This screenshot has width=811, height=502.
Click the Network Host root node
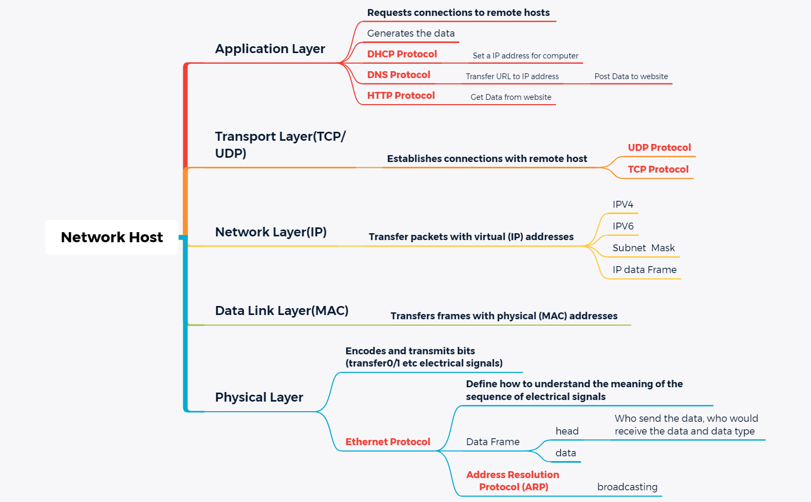point(112,237)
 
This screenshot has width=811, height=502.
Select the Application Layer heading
point(270,49)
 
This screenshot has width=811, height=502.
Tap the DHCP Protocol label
point(402,54)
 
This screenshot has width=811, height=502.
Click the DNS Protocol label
point(398,75)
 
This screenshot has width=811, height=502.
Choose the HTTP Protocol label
point(400,96)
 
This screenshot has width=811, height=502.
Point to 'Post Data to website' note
point(631,76)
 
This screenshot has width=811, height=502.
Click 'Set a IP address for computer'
point(525,56)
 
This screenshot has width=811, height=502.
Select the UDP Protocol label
point(659,148)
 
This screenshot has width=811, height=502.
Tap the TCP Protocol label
point(658,169)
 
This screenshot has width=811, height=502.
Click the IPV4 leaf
point(622,205)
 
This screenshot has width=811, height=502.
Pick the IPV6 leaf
point(622,226)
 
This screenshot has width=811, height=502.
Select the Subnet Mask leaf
point(643,248)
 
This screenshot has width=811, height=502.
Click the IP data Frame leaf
point(644,270)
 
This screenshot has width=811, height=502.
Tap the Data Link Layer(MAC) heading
point(281,311)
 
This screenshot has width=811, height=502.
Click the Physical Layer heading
point(259,397)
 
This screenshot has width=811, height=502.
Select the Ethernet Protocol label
point(388,442)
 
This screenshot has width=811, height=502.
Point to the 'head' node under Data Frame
point(567,431)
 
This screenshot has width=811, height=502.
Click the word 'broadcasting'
point(627,487)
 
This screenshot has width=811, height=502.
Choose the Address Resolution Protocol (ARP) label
point(513,481)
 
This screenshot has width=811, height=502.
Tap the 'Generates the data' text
point(411,33)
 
